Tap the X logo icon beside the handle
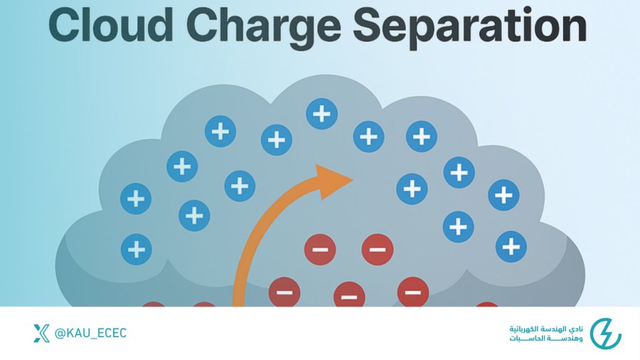[41, 333]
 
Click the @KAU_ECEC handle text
[91, 333]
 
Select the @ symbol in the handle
[61, 333]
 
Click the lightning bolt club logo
[605, 333]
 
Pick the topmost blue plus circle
[322, 113]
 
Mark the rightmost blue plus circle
[511, 246]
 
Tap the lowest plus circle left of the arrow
[136, 249]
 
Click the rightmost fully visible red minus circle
[412, 291]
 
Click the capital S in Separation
[368, 28]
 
